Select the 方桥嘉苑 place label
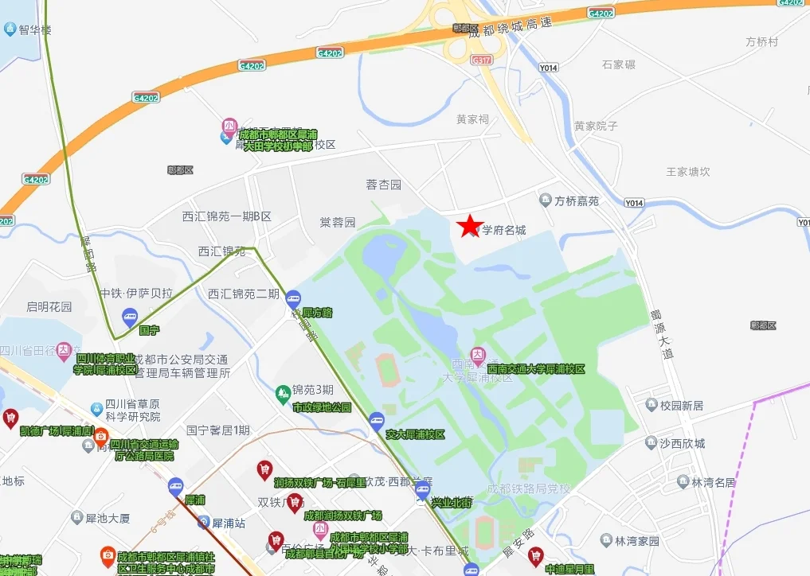coord(577,201)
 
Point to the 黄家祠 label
coord(472,119)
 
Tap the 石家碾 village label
coord(619,64)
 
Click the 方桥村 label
coord(761,41)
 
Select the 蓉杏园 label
coord(383,185)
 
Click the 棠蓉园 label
coord(338,222)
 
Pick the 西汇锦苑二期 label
coord(244,294)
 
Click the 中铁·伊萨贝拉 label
coord(136,293)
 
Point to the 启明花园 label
coord(49,306)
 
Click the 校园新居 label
coord(682,406)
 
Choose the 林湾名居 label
coord(713,482)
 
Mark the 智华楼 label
coord(36,30)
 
